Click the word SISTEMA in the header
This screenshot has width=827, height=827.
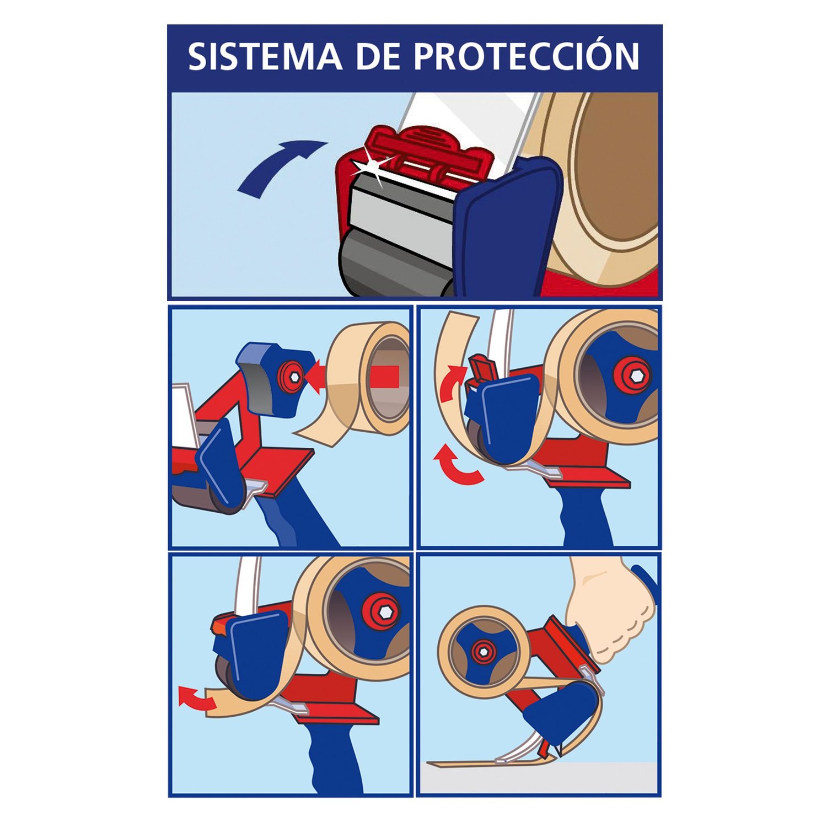[265, 57]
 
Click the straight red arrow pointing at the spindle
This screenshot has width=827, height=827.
[353, 377]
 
